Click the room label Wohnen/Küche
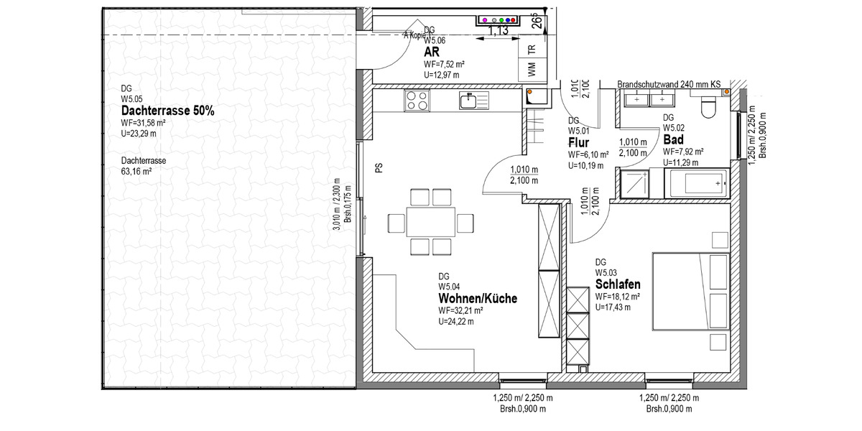point(478,298)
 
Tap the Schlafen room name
point(618,284)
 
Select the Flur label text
point(578,143)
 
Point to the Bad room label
point(672,139)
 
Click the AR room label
point(432,52)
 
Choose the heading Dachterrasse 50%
point(167,111)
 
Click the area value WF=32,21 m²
point(460,310)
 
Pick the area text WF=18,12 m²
point(618,297)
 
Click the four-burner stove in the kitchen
point(417,101)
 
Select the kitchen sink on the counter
point(469,101)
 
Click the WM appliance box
point(532,70)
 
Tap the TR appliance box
point(532,49)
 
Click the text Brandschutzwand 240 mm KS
point(668,85)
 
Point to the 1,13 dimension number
point(499,31)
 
